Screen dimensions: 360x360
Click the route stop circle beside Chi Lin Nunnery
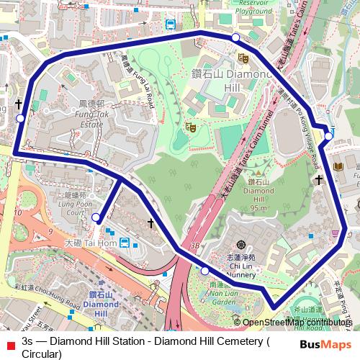205,271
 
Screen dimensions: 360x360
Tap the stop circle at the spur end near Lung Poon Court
96,216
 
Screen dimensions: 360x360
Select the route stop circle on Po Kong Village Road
328,135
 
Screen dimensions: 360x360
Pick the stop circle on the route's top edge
235,37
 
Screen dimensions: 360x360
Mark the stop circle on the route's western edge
20,118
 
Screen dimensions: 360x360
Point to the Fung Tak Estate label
93,118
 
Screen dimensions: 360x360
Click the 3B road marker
194,246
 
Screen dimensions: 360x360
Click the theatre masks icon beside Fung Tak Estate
192,127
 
